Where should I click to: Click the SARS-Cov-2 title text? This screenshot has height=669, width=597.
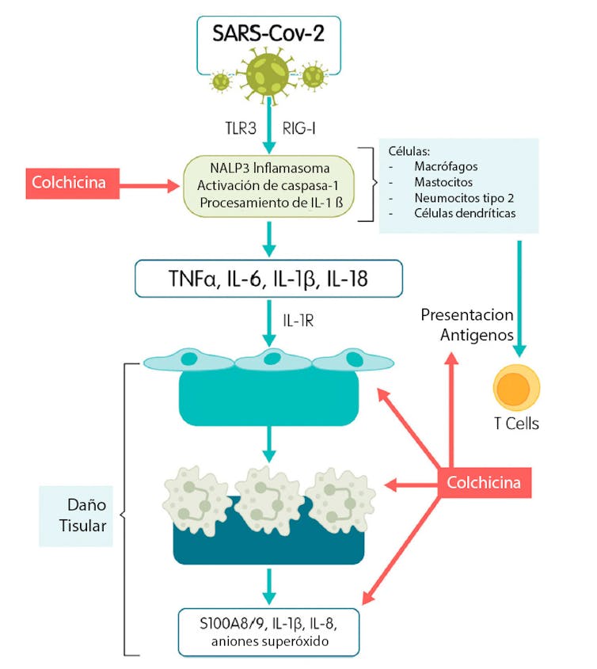268,34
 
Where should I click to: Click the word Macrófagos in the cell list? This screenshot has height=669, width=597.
449,167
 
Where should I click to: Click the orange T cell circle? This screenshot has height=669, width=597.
515,386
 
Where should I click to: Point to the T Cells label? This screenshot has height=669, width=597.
515,424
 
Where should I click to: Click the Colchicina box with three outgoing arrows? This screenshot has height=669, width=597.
483,481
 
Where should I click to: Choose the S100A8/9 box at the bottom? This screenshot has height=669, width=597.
269,631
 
